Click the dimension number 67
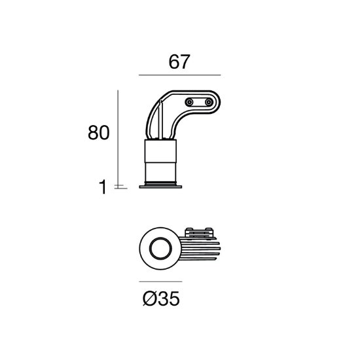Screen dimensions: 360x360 (x=179, y=62)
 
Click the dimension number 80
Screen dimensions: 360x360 (x=99, y=132)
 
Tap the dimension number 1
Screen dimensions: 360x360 (x=103, y=187)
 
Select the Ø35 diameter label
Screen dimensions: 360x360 (x=161, y=298)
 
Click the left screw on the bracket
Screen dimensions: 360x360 (x=189, y=102)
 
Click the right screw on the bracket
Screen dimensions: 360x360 (x=209, y=102)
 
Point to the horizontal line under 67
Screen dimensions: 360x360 (x=179, y=75)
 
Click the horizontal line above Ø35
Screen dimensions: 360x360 (x=160, y=281)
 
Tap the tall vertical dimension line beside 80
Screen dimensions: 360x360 (x=118, y=139)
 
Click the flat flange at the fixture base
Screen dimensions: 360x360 (x=160, y=187)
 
